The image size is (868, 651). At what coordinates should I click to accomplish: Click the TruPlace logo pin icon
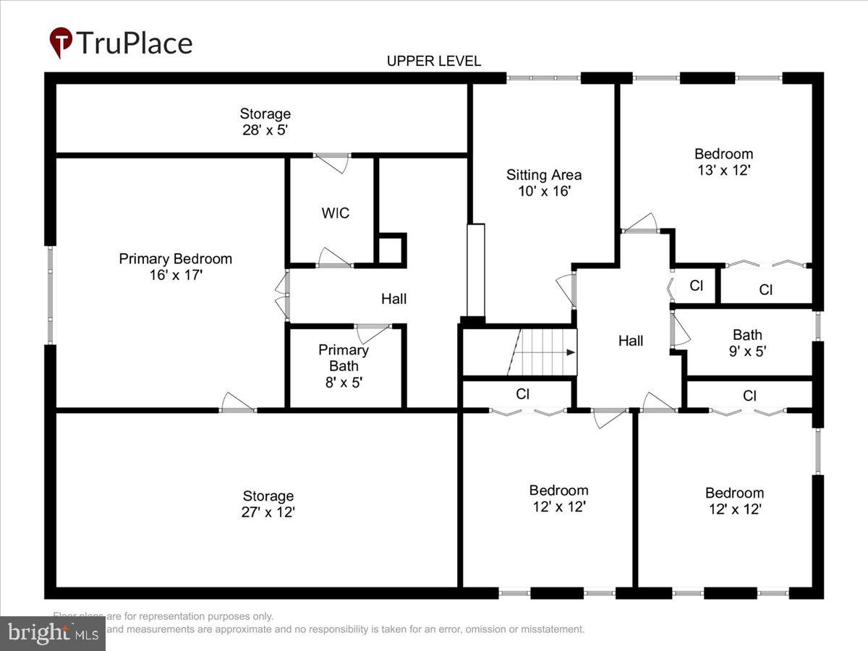point(61,43)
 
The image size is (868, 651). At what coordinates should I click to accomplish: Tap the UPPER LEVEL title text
point(433,61)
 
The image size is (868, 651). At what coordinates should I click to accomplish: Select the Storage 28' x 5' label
point(265,122)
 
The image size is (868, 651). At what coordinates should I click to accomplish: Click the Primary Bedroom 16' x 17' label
point(176,267)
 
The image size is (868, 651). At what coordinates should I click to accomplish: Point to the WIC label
point(336,213)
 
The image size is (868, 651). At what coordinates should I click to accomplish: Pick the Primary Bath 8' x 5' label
point(344,365)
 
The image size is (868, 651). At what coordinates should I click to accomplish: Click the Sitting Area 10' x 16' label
point(543,183)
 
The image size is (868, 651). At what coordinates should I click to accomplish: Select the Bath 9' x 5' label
point(747,343)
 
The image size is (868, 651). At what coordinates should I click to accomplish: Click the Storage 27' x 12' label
point(268,504)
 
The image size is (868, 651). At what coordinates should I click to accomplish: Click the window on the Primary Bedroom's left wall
point(51,295)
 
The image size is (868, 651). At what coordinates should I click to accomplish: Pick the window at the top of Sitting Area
point(543,77)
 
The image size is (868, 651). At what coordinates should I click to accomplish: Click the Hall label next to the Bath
point(631,341)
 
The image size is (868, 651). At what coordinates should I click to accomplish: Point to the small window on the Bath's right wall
point(818,325)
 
